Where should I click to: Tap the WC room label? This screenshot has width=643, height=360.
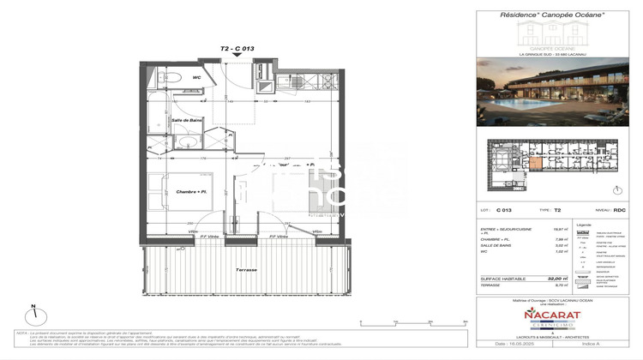coord(196,78)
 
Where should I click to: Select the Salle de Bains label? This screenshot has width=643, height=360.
coord(184,121)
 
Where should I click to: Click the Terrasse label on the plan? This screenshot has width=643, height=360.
coord(246,269)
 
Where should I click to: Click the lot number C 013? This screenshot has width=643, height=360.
coord(504,208)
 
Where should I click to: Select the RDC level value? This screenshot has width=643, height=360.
coord(621,208)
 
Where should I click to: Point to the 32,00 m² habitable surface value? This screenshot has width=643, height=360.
coord(559,279)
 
